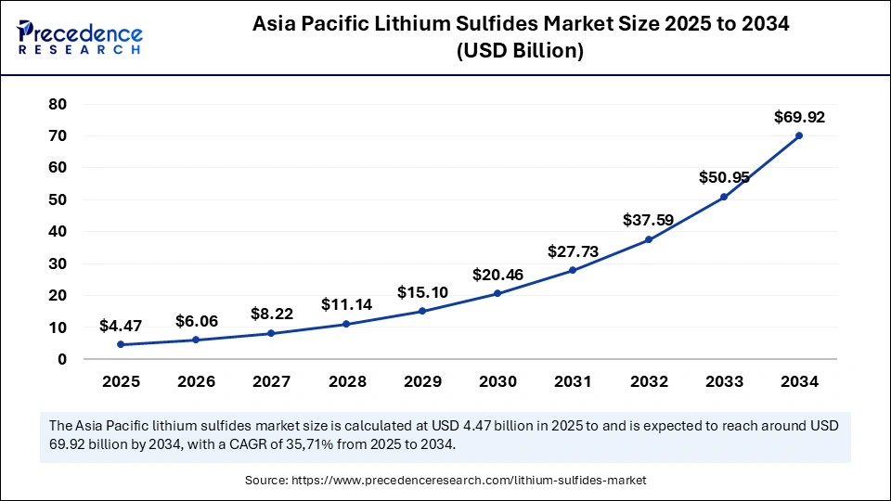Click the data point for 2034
click(x=798, y=135)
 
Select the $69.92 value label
click(x=798, y=118)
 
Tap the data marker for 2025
click(x=121, y=344)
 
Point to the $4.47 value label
click(x=121, y=327)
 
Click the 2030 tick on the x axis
click(x=497, y=381)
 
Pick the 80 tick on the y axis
click(x=58, y=104)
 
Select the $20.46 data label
click(x=497, y=275)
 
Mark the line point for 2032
click(x=648, y=239)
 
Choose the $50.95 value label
click(x=723, y=178)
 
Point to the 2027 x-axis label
click(x=271, y=381)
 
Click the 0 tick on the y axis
click(x=62, y=359)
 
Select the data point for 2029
click(x=421, y=311)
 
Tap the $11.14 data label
click(x=346, y=304)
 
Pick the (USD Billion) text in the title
click(x=520, y=52)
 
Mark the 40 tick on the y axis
click(x=58, y=232)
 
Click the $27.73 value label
click(x=573, y=251)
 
